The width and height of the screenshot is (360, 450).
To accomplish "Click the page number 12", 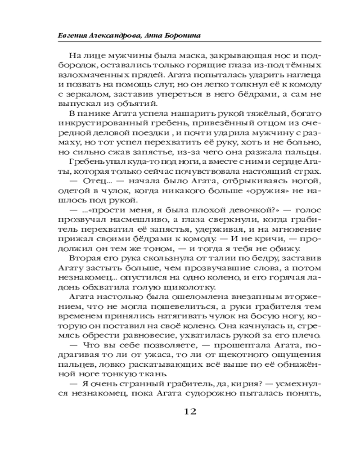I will click(189, 411).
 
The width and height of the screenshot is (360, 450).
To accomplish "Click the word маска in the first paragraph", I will click(169, 56).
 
